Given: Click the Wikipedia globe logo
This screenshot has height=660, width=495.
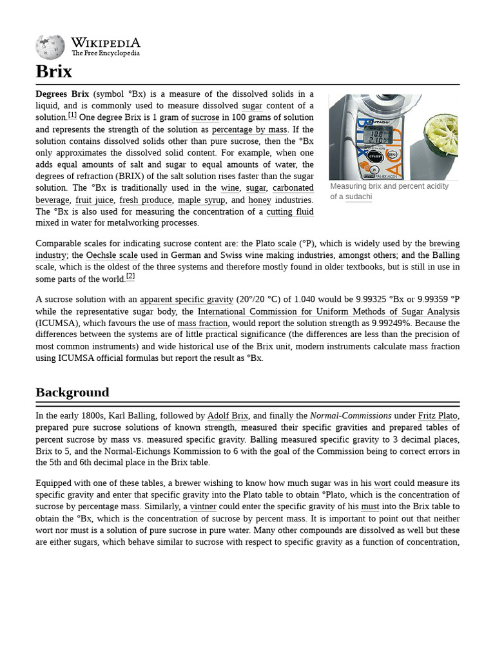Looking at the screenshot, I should click(50, 46).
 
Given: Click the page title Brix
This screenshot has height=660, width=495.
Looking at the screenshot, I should click(54, 71).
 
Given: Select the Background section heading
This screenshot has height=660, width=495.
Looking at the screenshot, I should click(72, 392).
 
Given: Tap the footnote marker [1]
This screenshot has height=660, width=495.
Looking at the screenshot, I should click(72, 115).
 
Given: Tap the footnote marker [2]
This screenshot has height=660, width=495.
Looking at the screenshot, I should click(130, 276).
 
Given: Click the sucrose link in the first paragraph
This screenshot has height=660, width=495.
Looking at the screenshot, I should click(205, 117).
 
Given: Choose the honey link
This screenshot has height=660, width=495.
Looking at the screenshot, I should click(260, 200).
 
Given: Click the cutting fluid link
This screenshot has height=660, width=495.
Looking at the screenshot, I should click(290, 211).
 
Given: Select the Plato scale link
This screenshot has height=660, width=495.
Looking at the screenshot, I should click(276, 244).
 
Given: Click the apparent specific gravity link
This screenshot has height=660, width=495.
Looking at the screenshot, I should click(186, 299).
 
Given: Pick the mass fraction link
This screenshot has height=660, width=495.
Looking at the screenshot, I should click(202, 323).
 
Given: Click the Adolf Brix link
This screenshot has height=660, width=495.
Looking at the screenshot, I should click(228, 416).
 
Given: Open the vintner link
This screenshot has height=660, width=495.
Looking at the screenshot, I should click(203, 507).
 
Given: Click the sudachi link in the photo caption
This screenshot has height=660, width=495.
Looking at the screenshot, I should click(358, 197).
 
